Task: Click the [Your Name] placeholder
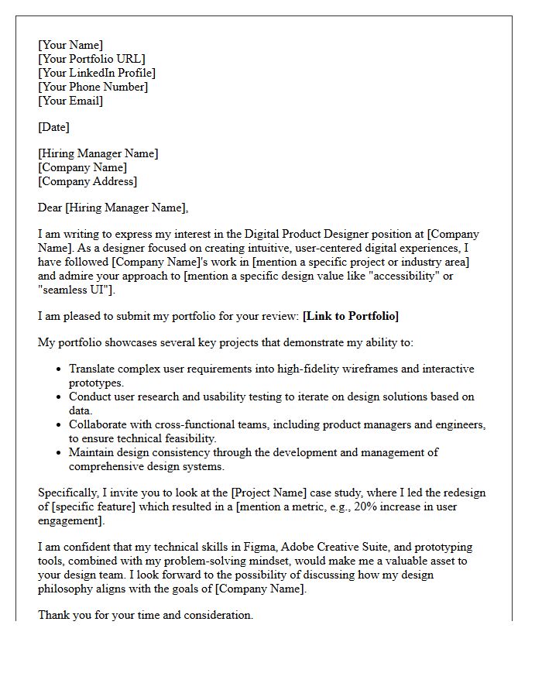(x=70, y=45)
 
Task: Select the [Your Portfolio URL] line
(x=91, y=59)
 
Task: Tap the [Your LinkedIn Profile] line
(x=97, y=73)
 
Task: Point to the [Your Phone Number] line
(x=93, y=87)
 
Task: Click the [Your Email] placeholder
(x=70, y=101)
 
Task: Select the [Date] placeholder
(x=53, y=127)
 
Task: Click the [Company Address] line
(x=87, y=181)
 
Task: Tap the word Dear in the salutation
(x=50, y=208)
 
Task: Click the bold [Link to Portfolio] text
(x=351, y=316)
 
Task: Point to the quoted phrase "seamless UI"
(x=76, y=290)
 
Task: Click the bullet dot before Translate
(x=59, y=369)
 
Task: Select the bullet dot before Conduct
(x=59, y=397)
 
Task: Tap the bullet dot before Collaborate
(x=59, y=425)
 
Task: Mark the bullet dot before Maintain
(x=59, y=453)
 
